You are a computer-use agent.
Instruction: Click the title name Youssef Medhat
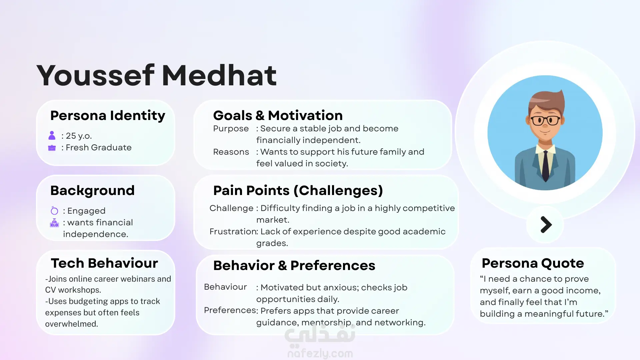157,75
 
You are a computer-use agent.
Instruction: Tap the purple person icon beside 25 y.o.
52,135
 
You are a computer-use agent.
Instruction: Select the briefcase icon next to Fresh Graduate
52,148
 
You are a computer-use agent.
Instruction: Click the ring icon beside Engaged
54,210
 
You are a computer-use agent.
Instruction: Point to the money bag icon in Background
54,223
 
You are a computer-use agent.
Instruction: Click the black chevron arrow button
546,225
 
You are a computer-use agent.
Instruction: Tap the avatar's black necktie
545,166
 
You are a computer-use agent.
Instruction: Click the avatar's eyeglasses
545,120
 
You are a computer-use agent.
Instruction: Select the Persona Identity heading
108,115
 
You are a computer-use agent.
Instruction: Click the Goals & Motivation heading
278,115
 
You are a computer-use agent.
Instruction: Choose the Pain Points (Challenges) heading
298,191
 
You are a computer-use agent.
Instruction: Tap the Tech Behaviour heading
104,263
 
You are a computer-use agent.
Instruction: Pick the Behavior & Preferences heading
294,265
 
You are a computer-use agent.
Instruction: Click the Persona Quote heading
533,263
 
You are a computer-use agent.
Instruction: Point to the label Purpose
231,129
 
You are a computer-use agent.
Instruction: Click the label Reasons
231,152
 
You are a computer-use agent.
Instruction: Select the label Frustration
233,231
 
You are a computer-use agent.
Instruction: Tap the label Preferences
230,310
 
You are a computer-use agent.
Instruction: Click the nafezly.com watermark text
320,353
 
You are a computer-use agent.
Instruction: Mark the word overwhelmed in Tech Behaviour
71,324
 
